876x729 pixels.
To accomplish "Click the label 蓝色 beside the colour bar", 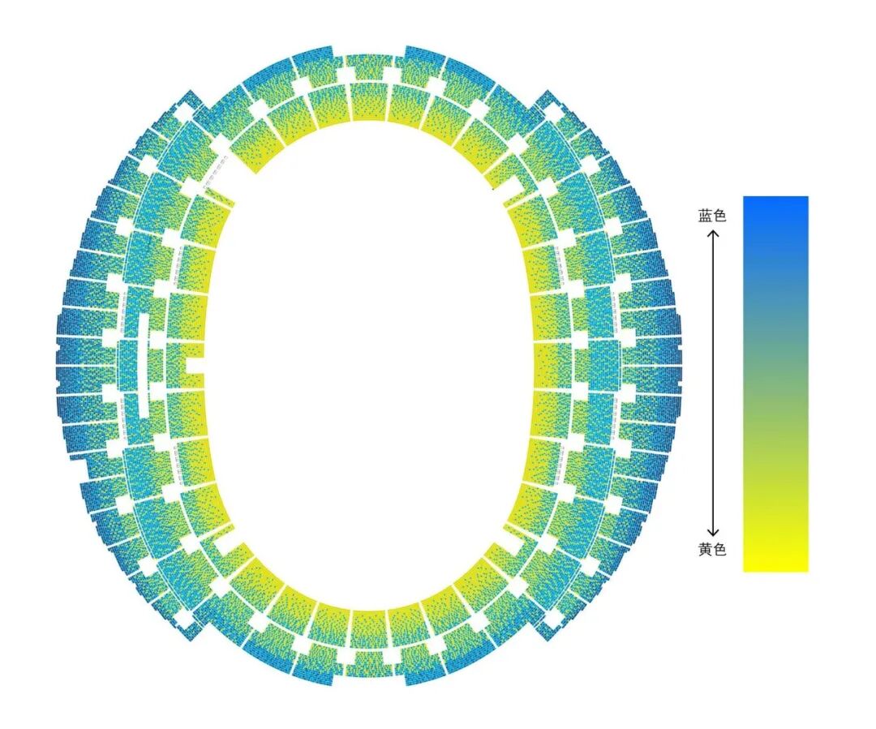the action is point(712,216).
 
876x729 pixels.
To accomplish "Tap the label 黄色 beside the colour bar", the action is point(712,550).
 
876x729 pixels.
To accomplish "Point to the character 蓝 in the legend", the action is point(705,216).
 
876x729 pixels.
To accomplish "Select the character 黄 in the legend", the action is point(705,550).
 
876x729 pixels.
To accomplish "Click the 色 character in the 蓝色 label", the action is point(719,216).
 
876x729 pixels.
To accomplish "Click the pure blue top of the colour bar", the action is point(775,202).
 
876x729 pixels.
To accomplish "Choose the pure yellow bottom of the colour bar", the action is point(775,565).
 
